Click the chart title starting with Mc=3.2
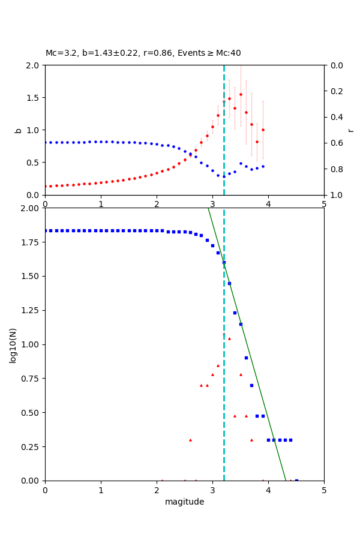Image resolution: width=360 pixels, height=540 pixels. click(143, 53)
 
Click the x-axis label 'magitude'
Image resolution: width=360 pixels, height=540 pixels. click(184, 502)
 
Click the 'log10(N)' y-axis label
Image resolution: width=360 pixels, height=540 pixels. click(13, 344)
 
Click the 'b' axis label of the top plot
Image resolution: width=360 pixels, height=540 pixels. click(18, 130)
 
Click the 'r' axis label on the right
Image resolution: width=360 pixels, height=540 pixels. click(350, 130)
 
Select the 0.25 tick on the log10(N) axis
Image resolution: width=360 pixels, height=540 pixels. click(30, 447)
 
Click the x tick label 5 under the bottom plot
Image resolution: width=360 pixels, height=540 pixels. click(324, 490)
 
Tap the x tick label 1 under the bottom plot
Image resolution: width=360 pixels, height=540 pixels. click(101, 490)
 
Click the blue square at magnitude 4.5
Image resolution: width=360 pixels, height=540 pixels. click(296, 480)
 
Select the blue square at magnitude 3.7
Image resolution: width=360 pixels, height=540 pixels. click(251, 385)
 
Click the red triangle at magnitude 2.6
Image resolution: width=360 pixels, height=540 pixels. click(190, 440)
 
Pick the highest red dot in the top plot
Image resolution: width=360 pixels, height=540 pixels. click(241, 94)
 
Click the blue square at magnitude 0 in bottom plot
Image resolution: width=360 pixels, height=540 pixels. click(45, 230)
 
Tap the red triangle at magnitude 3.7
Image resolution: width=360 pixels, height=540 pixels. click(251, 440)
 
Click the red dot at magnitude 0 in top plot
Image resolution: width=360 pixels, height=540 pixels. click(45, 186)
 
